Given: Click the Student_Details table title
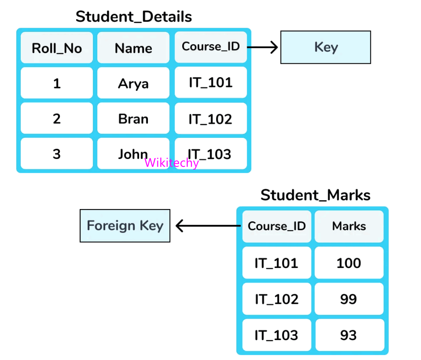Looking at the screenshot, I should pyautogui.click(x=134, y=17).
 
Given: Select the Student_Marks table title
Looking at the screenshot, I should pyautogui.click(x=315, y=195).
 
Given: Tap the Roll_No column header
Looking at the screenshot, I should pyautogui.click(x=57, y=48).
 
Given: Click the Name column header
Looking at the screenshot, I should pyautogui.click(x=133, y=48).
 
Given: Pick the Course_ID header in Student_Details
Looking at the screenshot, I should pyautogui.click(x=210, y=47).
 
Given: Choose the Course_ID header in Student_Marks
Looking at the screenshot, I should pyautogui.click(x=277, y=226).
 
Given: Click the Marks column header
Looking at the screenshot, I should pyautogui.click(x=349, y=226).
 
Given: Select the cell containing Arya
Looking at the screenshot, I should pyautogui.click(x=133, y=83).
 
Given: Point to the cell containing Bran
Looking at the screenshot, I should pyautogui.click(x=133, y=119).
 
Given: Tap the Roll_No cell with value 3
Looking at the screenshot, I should pyautogui.click(x=57, y=154).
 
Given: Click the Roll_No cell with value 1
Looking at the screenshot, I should pyautogui.click(x=57, y=83).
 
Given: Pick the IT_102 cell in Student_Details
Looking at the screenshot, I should pyautogui.click(x=210, y=119).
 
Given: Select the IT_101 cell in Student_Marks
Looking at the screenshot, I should pyautogui.click(x=277, y=263).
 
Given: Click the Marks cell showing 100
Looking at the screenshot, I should pyautogui.click(x=349, y=263).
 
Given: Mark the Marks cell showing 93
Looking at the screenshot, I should pyautogui.click(x=349, y=335).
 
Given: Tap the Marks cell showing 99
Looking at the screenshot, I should pyautogui.click(x=349, y=299).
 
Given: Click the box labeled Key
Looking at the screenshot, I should pyautogui.click(x=326, y=47).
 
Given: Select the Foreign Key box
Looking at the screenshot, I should pyautogui.click(x=125, y=226).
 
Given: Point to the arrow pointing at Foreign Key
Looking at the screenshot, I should pyautogui.click(x=207, y=226).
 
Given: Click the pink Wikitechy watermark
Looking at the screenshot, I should pyautogui.click(x=171, y=162).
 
